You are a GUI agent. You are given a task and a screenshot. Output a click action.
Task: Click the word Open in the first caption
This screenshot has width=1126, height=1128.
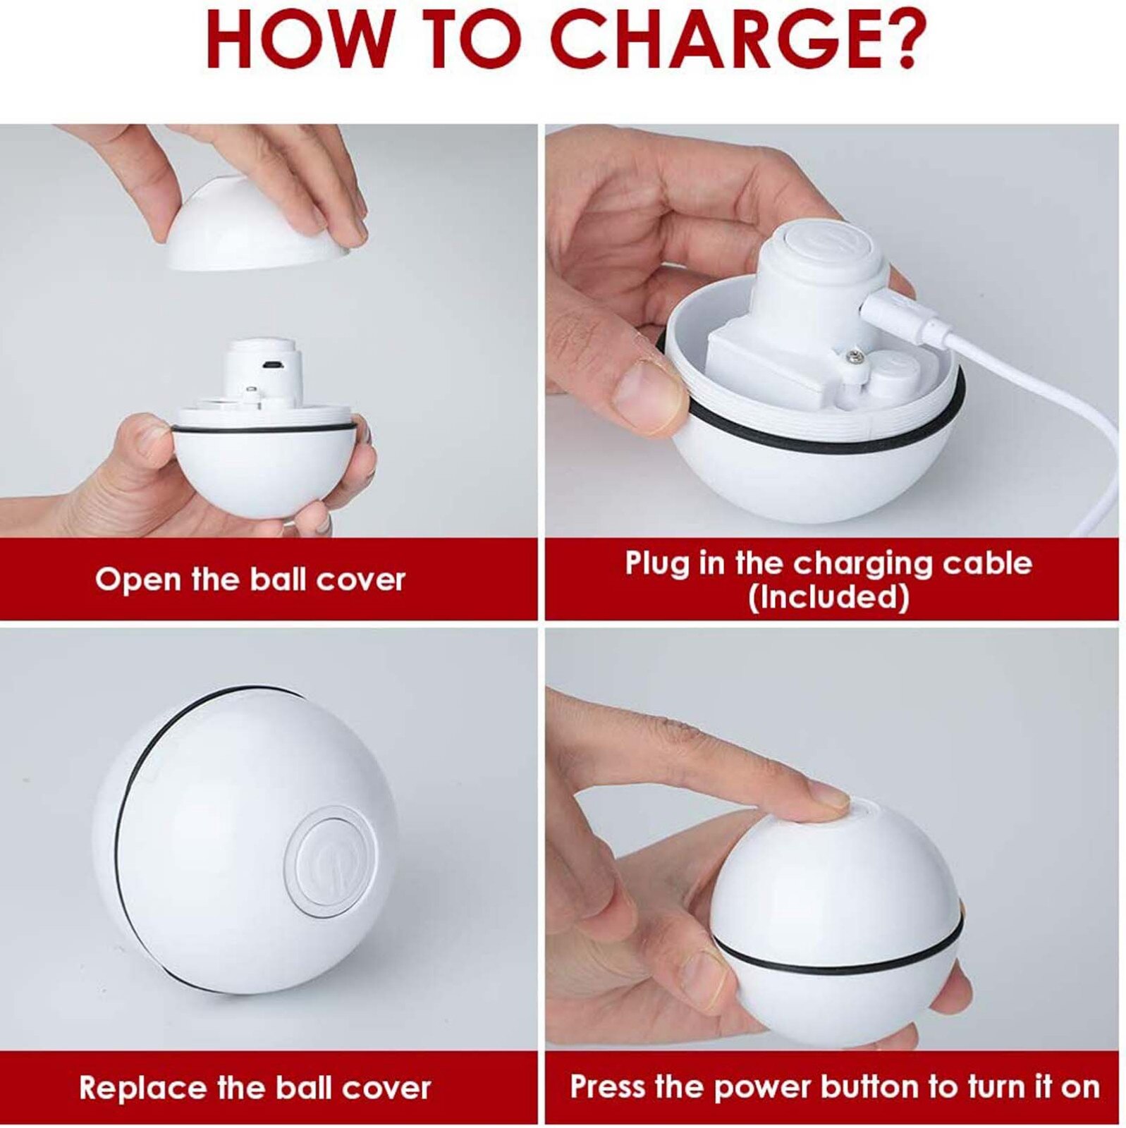[137, 580]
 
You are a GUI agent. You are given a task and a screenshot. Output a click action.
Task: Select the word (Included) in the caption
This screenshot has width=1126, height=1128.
[828, 597]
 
